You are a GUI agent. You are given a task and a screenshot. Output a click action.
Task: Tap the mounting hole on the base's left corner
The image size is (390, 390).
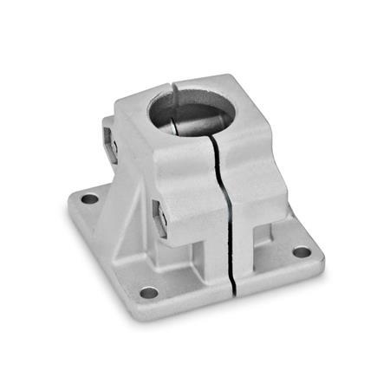[89, 198]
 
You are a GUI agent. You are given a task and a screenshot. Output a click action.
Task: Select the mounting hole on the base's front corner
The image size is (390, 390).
[149, 292]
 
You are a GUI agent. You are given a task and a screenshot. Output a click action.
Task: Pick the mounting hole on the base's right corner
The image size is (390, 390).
[301, 252]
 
